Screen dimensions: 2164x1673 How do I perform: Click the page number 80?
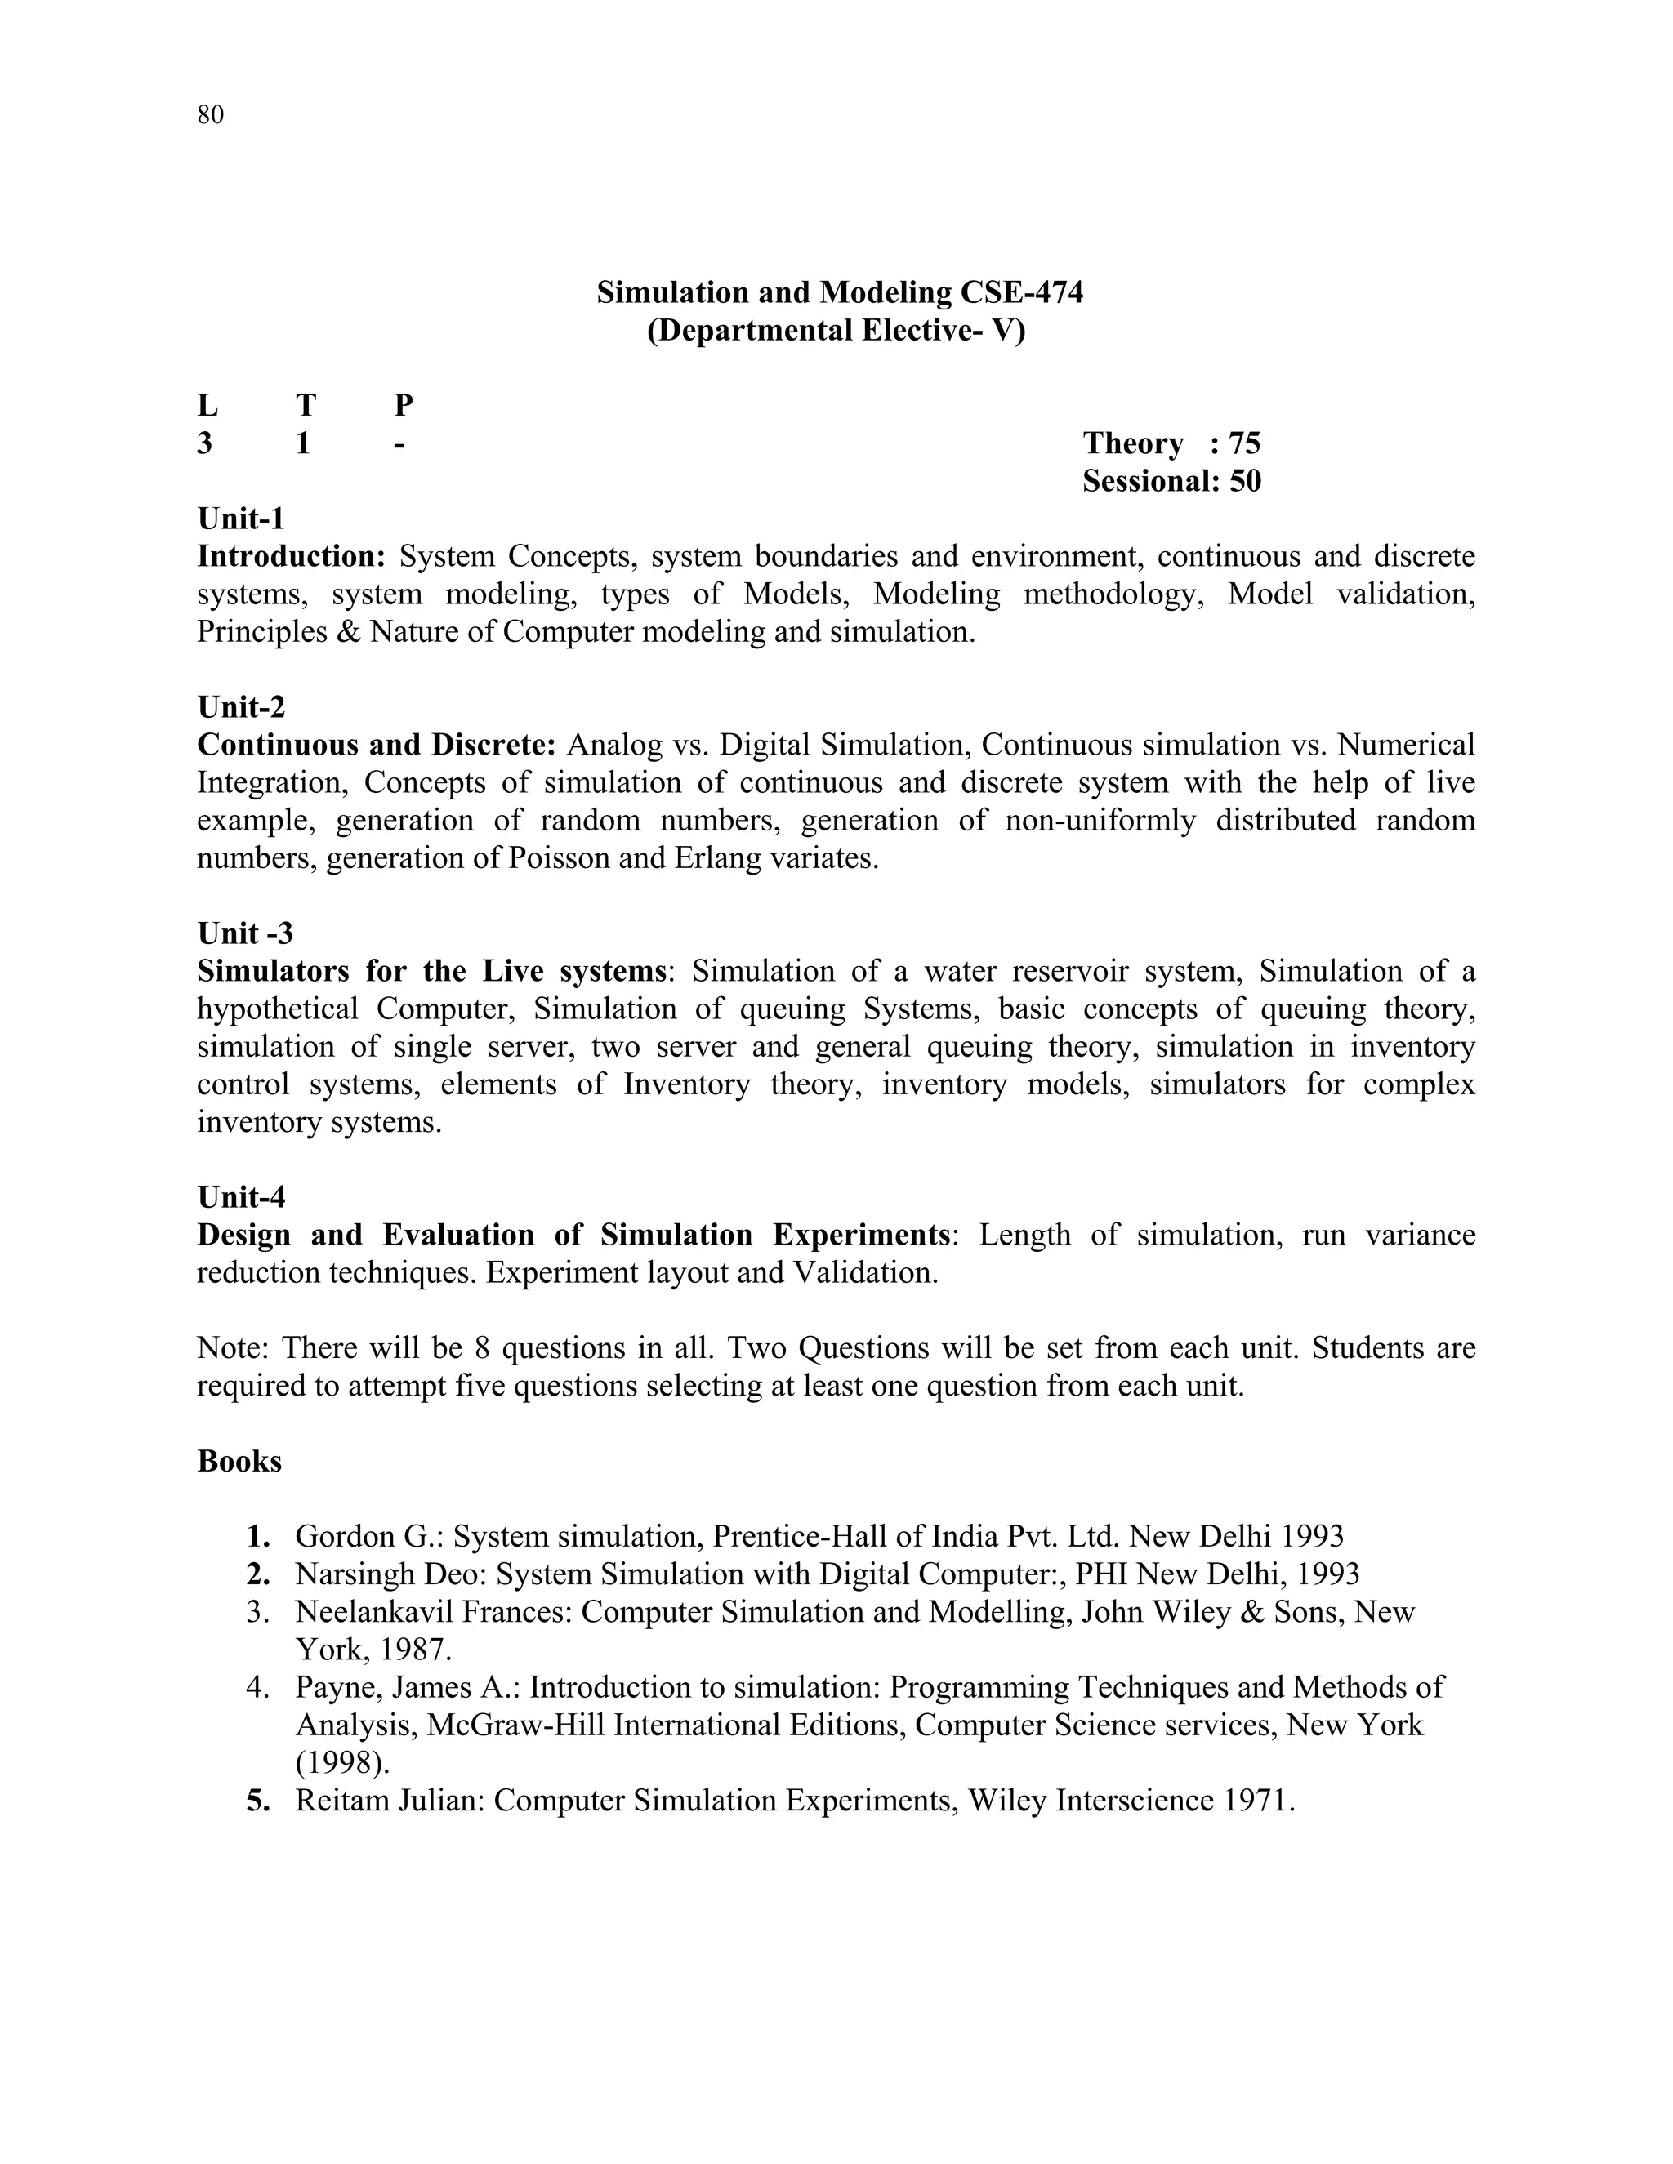tap(210, 115)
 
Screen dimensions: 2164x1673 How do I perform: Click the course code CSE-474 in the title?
tap(1021, 292)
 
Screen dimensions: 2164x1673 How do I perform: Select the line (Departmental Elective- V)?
tap(836, 330)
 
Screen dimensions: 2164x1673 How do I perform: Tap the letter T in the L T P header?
tap(306, 405)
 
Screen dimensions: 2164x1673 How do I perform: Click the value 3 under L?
tap(204, 443)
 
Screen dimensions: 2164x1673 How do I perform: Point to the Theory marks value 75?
tap(1244, 443)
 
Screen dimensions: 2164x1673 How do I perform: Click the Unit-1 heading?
tap(241, 519)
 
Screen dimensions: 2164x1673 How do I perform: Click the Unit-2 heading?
tap(241, 706)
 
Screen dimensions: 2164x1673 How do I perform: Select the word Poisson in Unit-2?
tap(558, 857)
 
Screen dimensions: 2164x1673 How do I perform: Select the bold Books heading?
tap(239, 1461)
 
